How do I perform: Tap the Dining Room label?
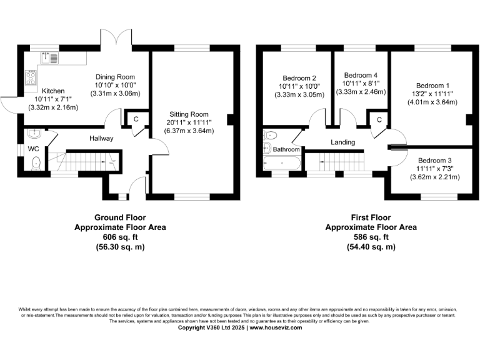(x=115, y=77)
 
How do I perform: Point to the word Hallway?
(x=101, y=138)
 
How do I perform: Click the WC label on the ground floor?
(x=32, y=149)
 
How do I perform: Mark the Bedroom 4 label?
(x=361, y=74)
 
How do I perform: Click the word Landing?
(x=342, y=142)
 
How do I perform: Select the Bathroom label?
(x=286, y=150)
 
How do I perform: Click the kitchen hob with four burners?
(x=29, y=79)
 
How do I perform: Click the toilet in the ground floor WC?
(x=36, y=164)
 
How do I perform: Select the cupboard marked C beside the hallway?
(x=136, y=119)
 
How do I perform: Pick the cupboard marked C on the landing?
(x=379, y=119)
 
